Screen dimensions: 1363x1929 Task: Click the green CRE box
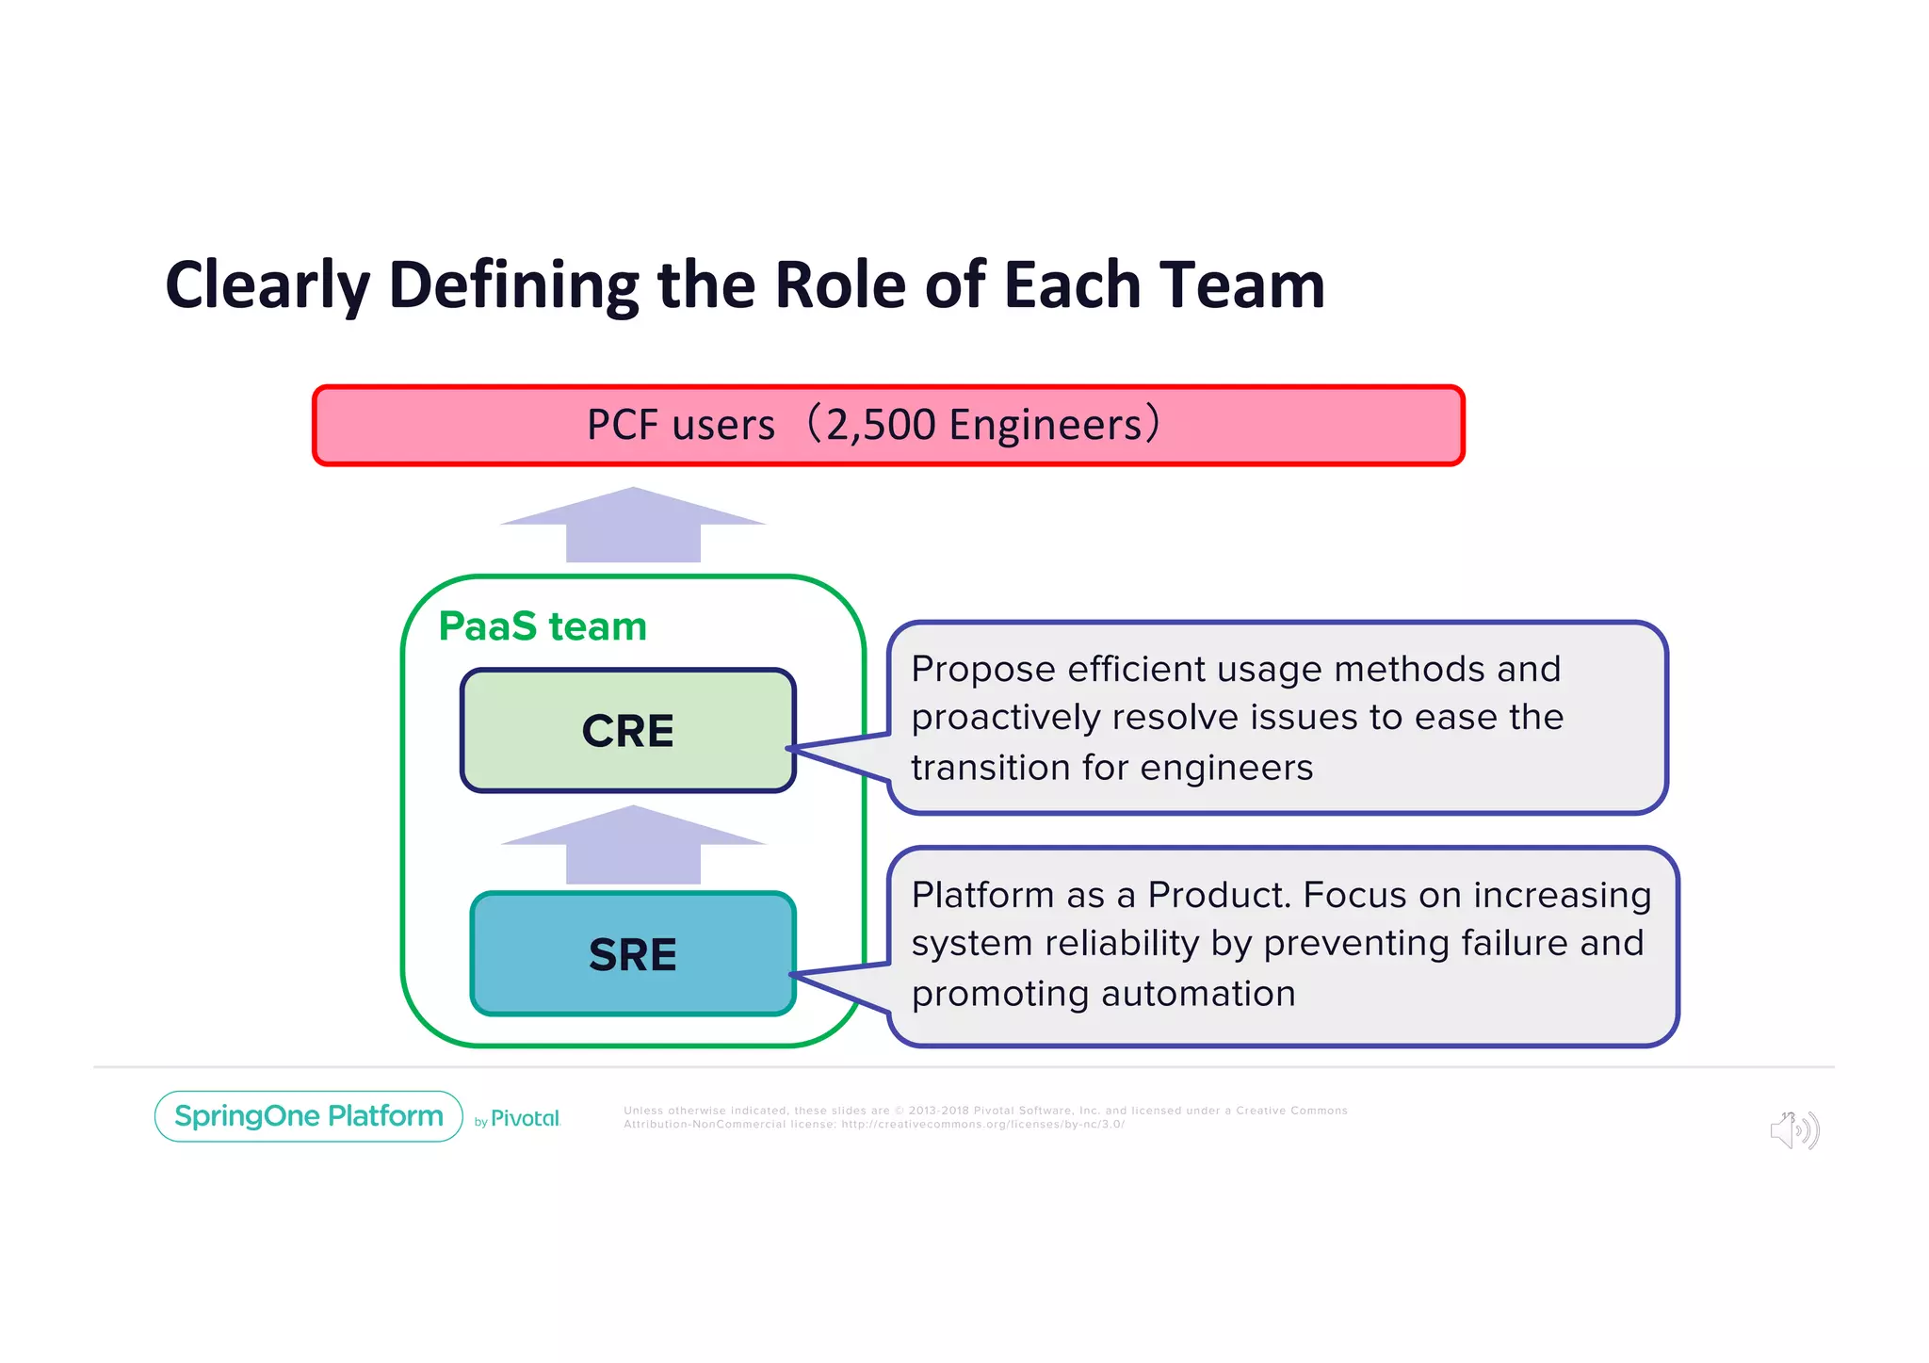click(x=628, y=731)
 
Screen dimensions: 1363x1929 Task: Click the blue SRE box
click(x=633, y=954)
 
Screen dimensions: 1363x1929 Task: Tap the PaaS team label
click(x=543, y=626)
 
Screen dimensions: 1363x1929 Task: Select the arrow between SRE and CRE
click(x=633, y=846)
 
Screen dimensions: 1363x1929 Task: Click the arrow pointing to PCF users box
click(x=633, y=526)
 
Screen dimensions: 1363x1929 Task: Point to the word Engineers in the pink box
click(x=1046, y=425)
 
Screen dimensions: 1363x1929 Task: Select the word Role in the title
click(x=840, y=285)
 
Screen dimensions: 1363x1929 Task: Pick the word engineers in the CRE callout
click(x=1225, y=768)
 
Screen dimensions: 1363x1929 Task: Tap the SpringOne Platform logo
click(x=309, y=1116)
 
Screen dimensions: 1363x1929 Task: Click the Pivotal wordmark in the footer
click(x=525, y=1118)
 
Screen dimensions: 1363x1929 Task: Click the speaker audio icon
click(x=1794, y=1129)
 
